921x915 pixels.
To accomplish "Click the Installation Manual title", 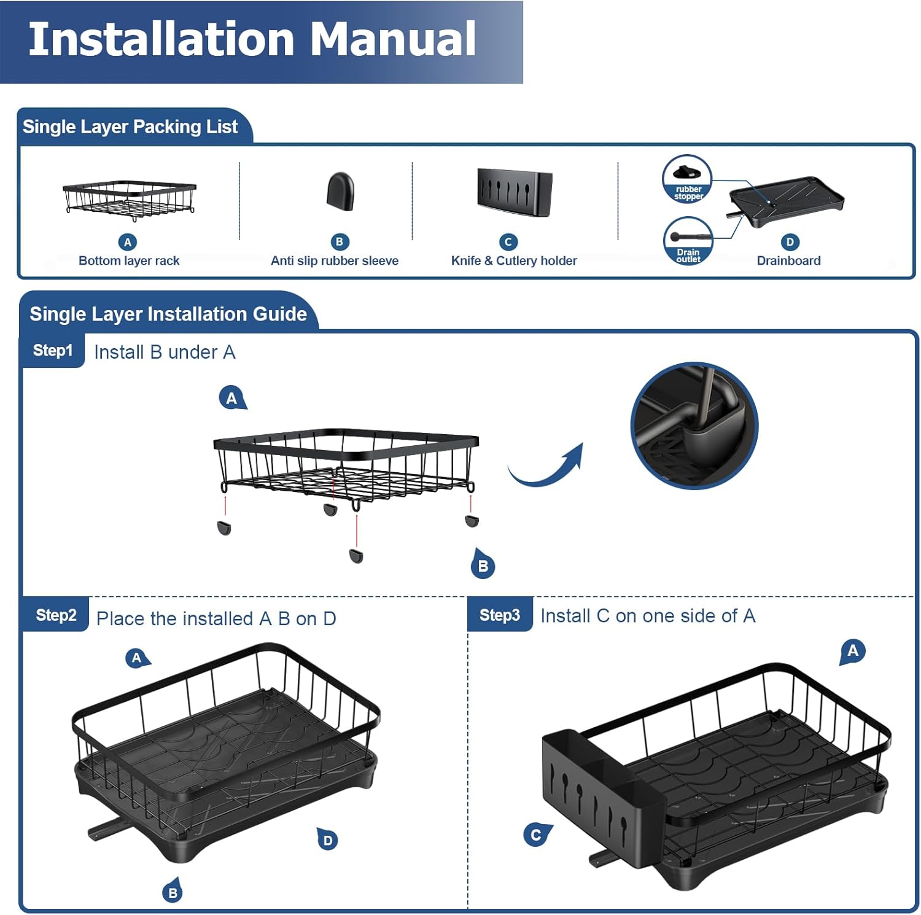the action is click(252, 39).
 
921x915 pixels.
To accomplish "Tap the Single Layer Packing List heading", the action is click(130, 127).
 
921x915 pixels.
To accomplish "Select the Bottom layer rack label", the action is click(129, 260).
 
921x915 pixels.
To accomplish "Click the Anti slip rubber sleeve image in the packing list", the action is click(340, 192).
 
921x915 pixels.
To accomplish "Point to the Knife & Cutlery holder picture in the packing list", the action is click(515, 192).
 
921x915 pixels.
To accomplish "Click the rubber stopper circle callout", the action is click(687, 179).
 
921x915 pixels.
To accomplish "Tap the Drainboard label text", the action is click(788, 260).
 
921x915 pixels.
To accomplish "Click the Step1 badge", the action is click(53, 351).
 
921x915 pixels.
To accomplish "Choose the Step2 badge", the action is click(56, 615).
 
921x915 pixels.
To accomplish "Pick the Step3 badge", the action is click(500, 615).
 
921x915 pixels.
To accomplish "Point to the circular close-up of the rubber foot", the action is click(694, 426).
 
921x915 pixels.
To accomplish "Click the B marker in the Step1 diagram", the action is click(483, 566).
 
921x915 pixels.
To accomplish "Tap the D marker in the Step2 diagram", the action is click(328, 839).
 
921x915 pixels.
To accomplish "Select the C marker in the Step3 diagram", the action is click(536, 835).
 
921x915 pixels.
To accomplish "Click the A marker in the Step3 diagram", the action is click(853, 651).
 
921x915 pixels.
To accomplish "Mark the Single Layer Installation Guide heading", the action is click(168, 314).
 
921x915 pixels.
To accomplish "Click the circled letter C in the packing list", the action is click(508, 242).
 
